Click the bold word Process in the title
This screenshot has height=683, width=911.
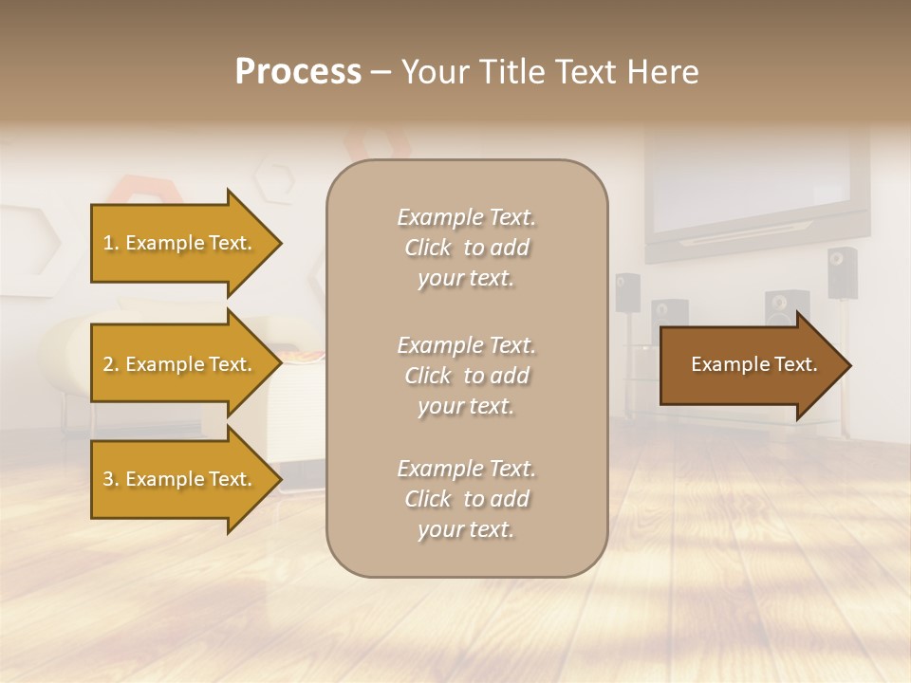pos(298,72)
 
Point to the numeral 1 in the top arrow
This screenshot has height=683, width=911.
pos(108,243)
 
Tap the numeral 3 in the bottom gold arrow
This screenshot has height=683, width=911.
pos(108,479)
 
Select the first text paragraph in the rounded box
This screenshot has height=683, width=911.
pos(466,248)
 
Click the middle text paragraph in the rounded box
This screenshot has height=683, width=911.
pos(466,376)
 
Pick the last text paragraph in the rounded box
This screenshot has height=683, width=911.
pos(466,499)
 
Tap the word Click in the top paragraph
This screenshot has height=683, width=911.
pos(428,248)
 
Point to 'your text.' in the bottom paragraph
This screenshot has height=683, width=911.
pos(466,529)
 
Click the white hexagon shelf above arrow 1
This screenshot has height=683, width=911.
pos(274,180)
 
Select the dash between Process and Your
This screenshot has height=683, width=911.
pos(380,72)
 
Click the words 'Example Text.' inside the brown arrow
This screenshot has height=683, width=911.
pos(753,364)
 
